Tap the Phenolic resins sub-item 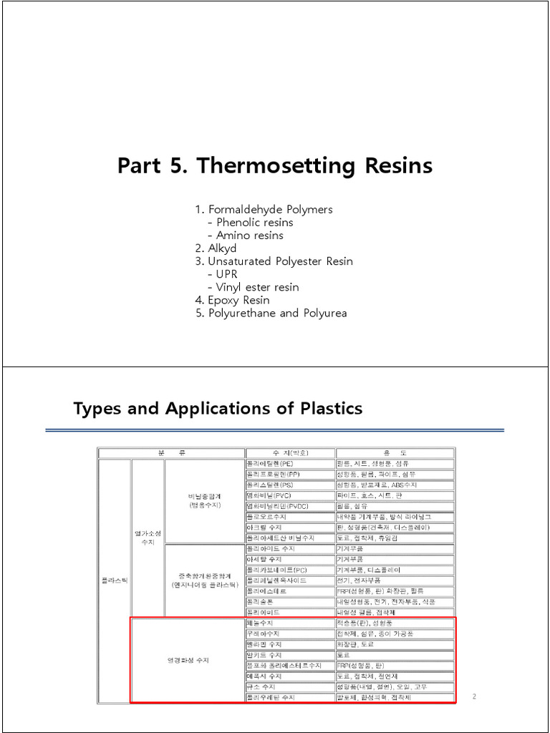point(254,222)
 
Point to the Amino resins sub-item point(249,235)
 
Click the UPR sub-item point(226,274)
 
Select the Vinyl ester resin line point(257,287)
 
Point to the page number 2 point(474,696)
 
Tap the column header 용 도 point(394,453)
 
